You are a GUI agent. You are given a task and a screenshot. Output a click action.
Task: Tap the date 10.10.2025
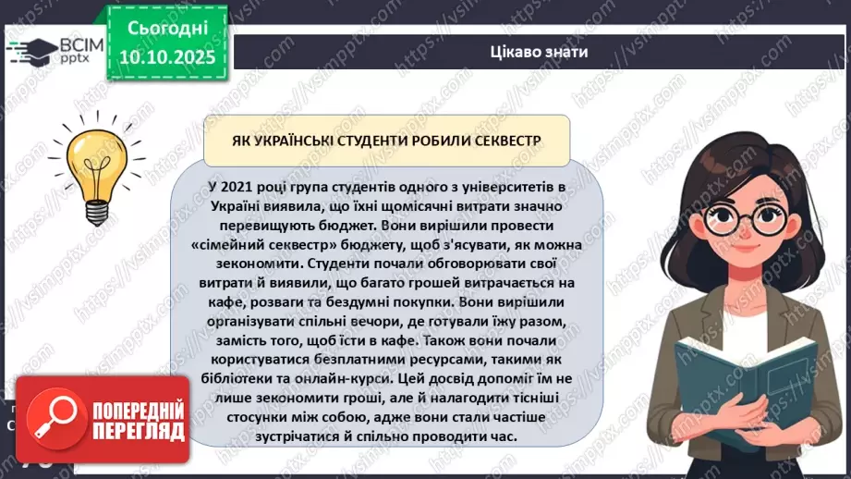click(162, 57)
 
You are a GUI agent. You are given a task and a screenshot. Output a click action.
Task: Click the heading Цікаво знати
click(539, 53)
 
